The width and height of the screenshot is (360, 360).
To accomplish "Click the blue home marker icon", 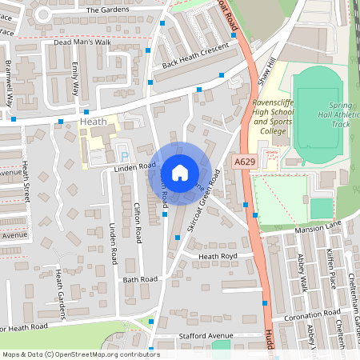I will click(x=180, y=172).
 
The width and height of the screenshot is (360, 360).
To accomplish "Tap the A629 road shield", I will click(x=246, y=162).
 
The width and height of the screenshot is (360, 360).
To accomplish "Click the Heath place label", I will click(x=93, y=121).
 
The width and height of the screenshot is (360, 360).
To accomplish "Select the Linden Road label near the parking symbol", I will click(x=134, y=167).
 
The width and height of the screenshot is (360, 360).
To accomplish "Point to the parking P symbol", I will click(x=122, y=154).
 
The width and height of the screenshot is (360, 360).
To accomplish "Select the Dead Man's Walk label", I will click(x=81, y=42).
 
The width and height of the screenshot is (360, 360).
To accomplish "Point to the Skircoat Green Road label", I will click(x=204, y=200).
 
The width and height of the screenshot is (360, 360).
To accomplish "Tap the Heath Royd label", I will click(x=218, y=257).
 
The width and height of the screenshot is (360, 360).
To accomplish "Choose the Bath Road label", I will click(x=141, y=280).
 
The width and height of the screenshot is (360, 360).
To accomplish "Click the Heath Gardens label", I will click(x=60, y=288).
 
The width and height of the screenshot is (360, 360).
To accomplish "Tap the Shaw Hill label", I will click(x=266, y=71).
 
